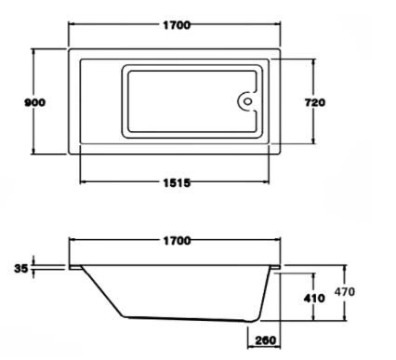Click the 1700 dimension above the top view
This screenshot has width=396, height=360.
coord(177,25)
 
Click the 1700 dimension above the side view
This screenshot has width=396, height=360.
coord(177,241)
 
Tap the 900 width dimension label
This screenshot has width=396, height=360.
coord(35,102)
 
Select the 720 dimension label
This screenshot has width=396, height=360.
coord(315,102)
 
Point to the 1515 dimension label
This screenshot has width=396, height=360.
coord(177,183)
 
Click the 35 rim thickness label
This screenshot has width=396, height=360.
coord(21,268)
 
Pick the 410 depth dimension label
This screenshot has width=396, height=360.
coord(314,299)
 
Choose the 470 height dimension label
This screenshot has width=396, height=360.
coord(345,292)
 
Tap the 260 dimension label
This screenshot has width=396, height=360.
coord(266,340)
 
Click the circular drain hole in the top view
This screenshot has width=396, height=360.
coord(247,101)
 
